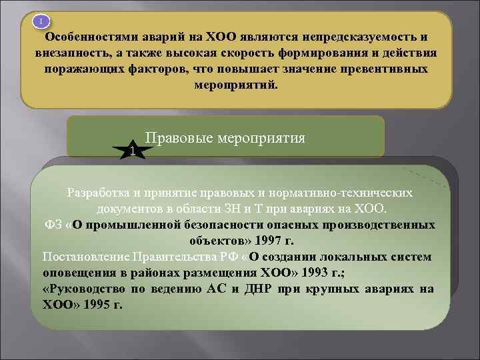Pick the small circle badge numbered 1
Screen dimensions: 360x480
pyautogui.click(x=41, y=22)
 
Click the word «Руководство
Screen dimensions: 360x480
pyautogui.click(x=85, y=289)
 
